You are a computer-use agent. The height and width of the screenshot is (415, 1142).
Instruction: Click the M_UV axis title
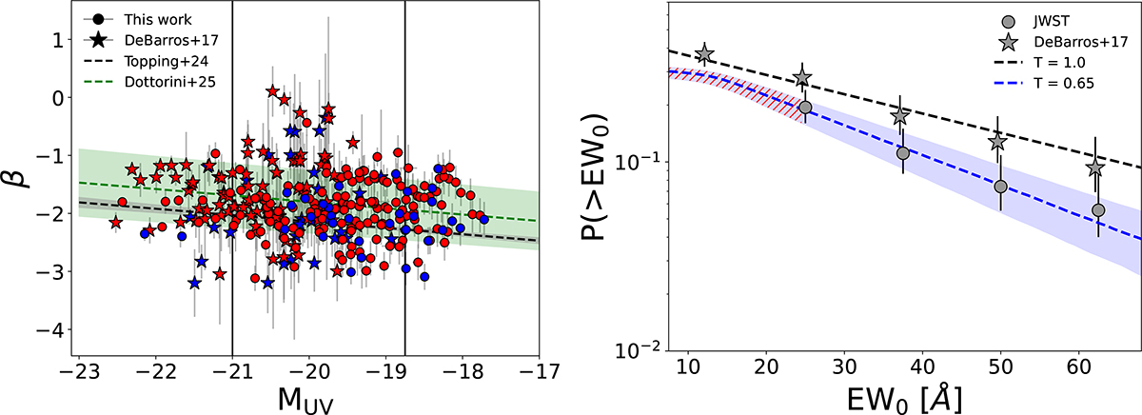[x=309, y=396]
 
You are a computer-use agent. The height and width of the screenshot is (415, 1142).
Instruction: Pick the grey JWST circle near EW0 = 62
[x=1098, y=210]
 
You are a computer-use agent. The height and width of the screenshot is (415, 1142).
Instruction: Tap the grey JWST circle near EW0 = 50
[x=1000, y=187]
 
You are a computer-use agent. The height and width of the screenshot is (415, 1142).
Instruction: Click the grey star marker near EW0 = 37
[x=900, y=115]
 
